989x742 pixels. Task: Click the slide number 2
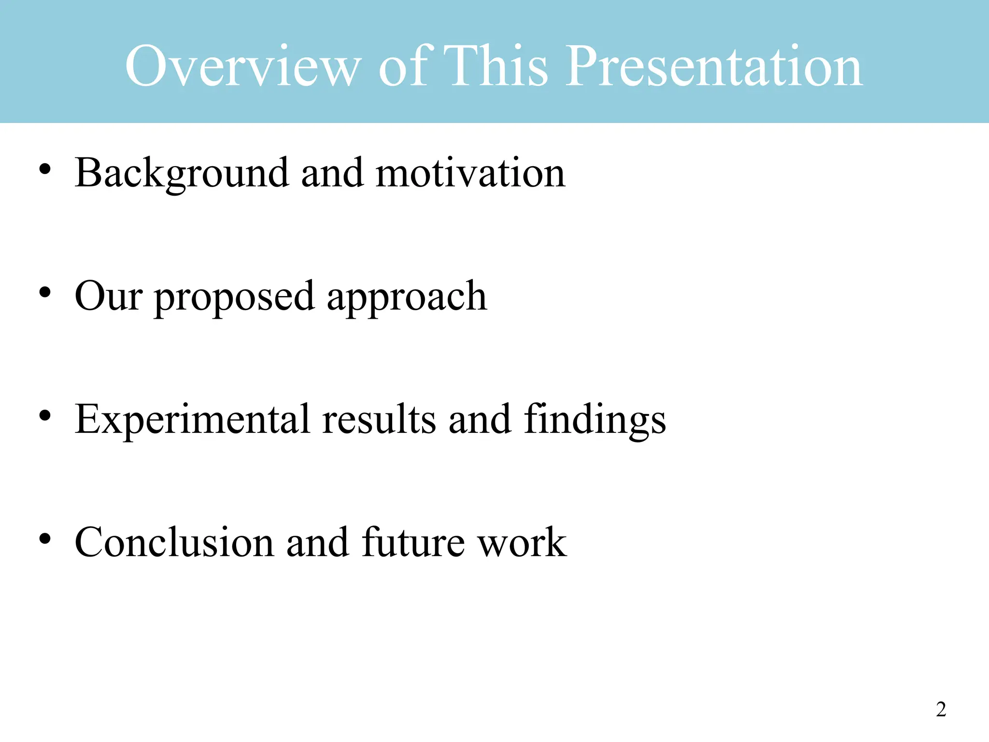(x=941, y=709)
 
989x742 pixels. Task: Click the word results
(x=379, y=419)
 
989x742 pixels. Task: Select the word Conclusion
(x=174, y=542)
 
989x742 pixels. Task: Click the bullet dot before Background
(x=45, y=170)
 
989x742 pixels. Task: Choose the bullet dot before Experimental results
(x=45, y=415)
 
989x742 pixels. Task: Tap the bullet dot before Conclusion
(x=45, y=539)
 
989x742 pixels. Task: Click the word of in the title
(x=403, y=66)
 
